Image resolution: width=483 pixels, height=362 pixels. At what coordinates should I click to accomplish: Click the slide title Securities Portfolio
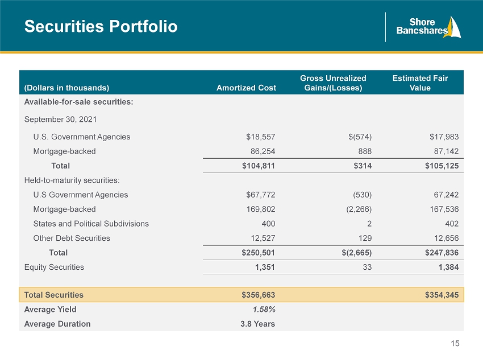[101, 26]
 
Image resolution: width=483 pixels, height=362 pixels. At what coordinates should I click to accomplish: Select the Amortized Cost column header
[246, 88]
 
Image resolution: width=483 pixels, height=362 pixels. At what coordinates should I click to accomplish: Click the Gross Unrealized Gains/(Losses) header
[334, 83]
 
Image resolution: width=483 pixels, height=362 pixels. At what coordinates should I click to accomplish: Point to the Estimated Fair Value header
[420, 83]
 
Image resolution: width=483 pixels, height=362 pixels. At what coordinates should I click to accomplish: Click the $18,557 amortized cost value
[261, 137]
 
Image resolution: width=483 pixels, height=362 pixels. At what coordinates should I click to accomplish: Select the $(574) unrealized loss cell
[360, 137]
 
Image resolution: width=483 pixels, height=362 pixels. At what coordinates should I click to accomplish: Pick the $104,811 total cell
[258, 166]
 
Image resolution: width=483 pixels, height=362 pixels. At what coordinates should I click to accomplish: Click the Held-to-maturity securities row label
[72, 180]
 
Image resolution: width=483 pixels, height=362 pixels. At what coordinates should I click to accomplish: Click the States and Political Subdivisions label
[91, 224]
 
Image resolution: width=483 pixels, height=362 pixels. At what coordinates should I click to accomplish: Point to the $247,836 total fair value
[442, 253]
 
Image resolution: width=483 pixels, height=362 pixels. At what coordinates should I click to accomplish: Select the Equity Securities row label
[54, 268]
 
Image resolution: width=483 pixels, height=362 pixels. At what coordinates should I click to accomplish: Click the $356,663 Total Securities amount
[258, 295]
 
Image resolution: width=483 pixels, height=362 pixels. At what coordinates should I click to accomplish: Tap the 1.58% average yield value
[264, 310]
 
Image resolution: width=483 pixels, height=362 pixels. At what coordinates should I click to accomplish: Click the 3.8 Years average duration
[258, 324]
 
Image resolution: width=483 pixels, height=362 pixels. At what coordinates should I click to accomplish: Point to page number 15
[455, 343]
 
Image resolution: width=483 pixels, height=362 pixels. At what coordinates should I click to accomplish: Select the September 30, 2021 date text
[60, 120]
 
